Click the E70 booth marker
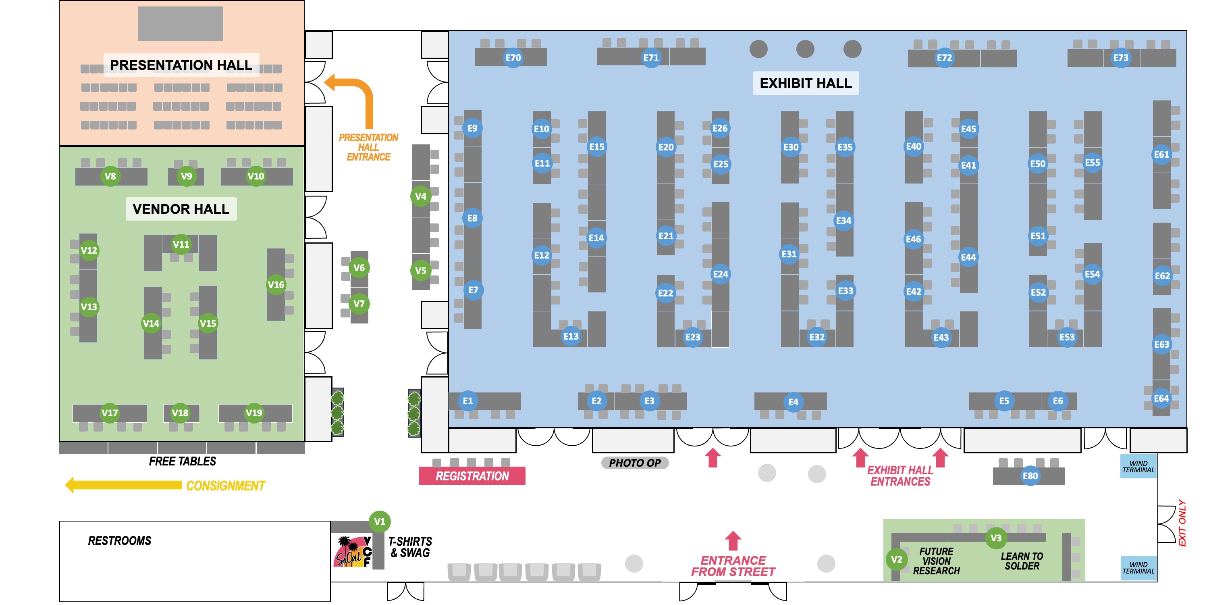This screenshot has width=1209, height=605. [513, 58]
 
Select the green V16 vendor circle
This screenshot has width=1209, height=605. [276, 285]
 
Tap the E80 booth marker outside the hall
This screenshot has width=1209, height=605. [1030, 476]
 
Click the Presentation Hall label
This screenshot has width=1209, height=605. [181, 65]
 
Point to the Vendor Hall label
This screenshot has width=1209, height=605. [181, 209]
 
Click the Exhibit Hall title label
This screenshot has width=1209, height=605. [805, 83]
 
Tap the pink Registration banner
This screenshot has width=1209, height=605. [472, 476]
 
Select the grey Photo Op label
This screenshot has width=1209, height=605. [635, 463]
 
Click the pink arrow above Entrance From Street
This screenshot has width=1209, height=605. [733, 540]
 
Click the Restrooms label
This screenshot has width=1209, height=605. [120, 540]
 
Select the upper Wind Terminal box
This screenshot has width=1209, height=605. [1138, 466]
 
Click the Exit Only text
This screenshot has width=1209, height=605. [1182, 523]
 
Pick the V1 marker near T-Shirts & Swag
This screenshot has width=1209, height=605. [380, 522]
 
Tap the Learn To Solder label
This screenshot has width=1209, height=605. [1022, 561]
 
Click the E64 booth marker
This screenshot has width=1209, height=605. [1161, 399]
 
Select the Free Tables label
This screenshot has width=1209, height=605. [183, 461]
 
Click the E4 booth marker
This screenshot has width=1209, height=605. [793, 402]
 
